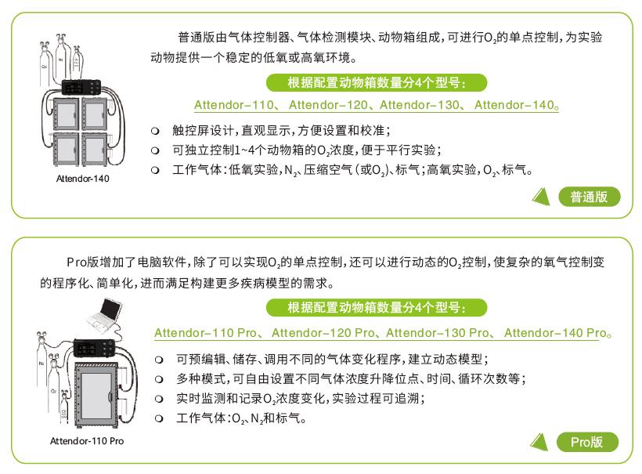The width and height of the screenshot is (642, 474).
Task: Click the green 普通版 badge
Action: pyautogui.click(x=589, y=197)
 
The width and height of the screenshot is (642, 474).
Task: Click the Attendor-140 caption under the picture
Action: pyautogui.click(x=82, y=179)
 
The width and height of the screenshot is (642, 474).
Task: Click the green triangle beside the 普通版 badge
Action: pyautogui.click(x=541, y=197)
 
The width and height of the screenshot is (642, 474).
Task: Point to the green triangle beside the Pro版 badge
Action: pyautogui.click(x=541, y=443)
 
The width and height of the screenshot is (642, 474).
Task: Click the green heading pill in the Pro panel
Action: pyautogui.click(x=377, y=307)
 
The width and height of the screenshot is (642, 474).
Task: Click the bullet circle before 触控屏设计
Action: pyautogui.click(x=156, y=130)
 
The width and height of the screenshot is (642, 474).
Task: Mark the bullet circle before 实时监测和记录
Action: pyautogui.click(x=159, y=399)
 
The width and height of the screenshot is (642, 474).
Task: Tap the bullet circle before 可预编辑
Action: pyautogui.click(x=159, y=360)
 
